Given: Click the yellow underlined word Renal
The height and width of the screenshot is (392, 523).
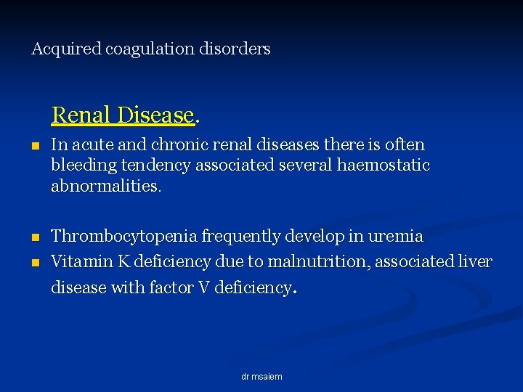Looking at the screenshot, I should click(x=80, y=115).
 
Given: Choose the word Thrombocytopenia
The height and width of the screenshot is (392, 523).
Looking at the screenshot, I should click(x=124, y=237).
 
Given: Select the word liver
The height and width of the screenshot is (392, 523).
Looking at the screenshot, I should click(x=477, y=261).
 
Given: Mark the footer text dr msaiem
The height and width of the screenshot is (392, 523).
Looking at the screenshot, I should click(x=261, y=377).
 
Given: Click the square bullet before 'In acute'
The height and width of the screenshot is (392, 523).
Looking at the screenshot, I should click(x=36, y=146).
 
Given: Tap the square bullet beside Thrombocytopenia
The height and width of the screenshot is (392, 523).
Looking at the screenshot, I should click(x=36, y=237).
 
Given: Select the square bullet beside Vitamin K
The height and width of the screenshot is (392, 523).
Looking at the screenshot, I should click(x=36, y=262).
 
